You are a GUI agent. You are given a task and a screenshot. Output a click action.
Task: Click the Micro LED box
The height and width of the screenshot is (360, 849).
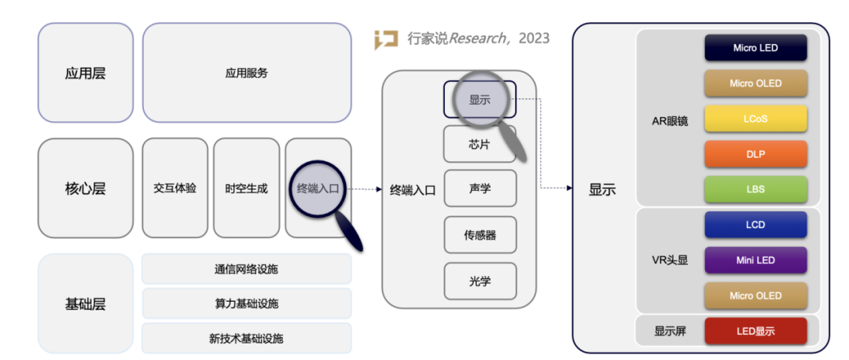pos(755,48)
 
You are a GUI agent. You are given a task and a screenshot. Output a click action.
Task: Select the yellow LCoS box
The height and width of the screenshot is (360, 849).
pos(755,119)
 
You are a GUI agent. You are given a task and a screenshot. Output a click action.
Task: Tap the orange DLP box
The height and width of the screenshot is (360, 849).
pos(755,154)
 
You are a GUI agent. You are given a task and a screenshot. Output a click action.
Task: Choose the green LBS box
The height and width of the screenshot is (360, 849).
pos(755,189)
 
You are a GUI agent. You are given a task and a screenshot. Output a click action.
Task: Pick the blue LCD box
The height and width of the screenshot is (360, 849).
pos(755,225)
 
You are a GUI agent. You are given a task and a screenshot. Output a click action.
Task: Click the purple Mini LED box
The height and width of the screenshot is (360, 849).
pos(755,260)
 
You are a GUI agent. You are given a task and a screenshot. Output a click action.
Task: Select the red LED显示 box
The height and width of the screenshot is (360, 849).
pos(755,331)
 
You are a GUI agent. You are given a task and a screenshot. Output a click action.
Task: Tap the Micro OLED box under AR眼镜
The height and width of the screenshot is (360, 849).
pos(755,83)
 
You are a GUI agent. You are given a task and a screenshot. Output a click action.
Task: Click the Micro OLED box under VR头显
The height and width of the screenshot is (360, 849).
pos(755,296)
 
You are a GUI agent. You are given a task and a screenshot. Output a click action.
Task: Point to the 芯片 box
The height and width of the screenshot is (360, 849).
pos(480,144)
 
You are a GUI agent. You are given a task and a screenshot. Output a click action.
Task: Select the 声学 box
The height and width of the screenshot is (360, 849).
pos(480,189)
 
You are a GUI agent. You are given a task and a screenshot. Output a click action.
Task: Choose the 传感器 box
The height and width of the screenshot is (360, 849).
pos(480,234)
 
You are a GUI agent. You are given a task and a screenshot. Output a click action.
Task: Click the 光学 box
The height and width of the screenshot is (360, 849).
pos(480,281)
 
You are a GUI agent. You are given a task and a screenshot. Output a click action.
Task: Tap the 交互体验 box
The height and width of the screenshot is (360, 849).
pos(175,189)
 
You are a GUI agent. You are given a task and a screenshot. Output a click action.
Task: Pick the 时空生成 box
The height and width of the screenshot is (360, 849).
pos(246,189)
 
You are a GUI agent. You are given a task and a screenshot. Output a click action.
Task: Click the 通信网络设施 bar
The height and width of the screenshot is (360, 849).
pos(246,269)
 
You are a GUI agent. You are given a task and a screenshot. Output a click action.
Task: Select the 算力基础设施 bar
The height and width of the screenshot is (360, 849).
pos(246,303)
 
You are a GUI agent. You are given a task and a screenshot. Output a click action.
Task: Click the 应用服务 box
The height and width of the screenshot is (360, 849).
pos(246,73)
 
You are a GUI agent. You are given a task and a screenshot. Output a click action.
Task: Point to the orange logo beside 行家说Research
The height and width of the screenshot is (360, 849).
pos(386,39)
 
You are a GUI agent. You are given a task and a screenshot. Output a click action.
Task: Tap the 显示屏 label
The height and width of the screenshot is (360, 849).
pos(670,331)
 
